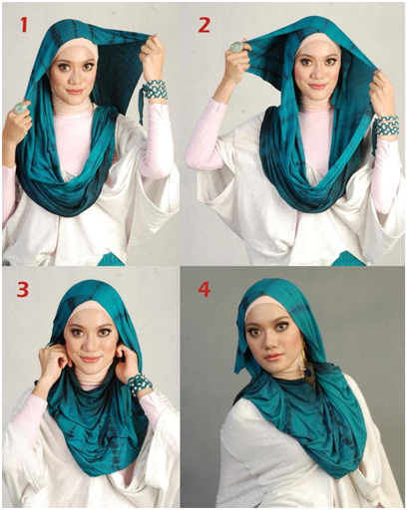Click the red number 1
(x=24, y=25)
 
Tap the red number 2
(x=203, y=25)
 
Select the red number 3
(x=23, y=289)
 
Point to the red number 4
(x=204, y=289)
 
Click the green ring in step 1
(x=20, y=109)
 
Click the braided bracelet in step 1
(x=156, y=90)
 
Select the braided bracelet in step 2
(x=386, y=126)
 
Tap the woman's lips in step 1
(x=75, y=92)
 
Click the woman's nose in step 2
(x=316, y=74)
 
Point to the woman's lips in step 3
(x=90, y=359)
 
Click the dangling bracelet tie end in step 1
(x=142, y=107)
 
